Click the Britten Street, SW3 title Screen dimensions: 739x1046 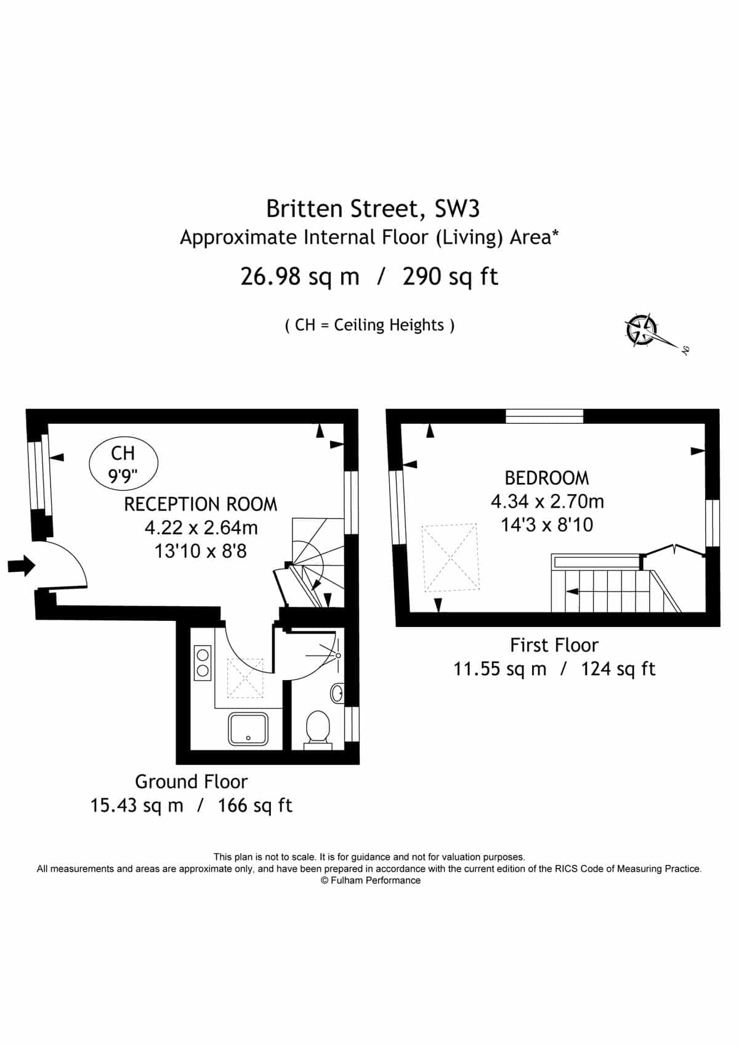click(373, 209)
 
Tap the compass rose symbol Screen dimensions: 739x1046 click(642, 330)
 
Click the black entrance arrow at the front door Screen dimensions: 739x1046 click(22, 566)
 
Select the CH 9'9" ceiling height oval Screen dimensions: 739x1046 click(124, 463)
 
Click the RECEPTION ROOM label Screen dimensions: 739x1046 click(201, 505)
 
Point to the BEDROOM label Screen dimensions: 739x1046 click(547, 478)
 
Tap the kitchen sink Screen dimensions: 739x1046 click(248, 729)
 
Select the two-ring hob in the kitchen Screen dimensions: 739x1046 click(203, 663)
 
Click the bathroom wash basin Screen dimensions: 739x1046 click(337, 692)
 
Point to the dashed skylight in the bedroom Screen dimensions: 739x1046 click(451, 557)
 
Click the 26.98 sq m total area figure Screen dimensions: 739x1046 click(300, 277)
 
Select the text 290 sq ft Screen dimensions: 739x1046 click(451, 277)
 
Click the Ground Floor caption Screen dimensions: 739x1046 click(192, 782)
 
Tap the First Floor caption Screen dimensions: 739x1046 click(554, 646)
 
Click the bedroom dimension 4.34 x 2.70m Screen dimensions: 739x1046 click(547, 501)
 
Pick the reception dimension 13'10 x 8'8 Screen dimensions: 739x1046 click(201, 551)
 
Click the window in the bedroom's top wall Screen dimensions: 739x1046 click(545, 416)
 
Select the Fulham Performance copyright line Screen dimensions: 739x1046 click(371, 880)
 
